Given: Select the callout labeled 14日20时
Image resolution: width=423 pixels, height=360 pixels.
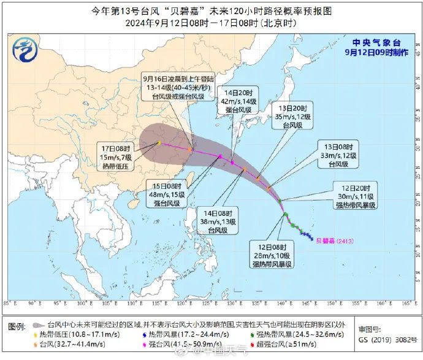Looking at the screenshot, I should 238,101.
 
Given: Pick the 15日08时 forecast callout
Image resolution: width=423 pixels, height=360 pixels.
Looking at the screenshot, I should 168,194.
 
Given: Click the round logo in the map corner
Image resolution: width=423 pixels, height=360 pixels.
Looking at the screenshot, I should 25,48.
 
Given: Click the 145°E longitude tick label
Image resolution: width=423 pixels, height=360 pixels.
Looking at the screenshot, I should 310,302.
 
